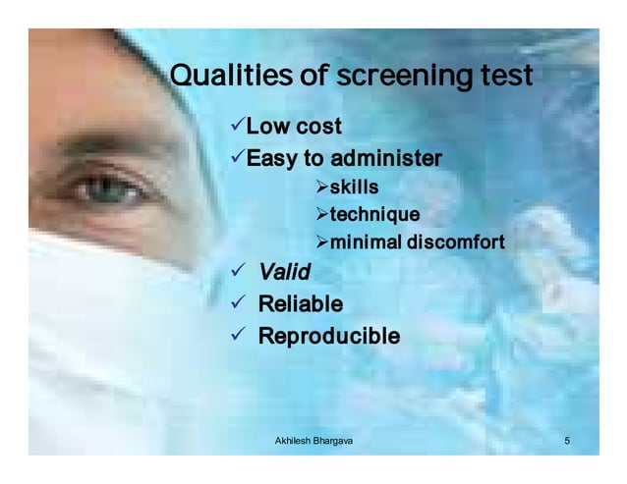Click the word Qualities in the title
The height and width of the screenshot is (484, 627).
coord(222,77)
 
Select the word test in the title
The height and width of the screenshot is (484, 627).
coord(501,77)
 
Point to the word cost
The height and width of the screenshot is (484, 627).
coord(318,127)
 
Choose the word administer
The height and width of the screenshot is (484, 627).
coord(386,159)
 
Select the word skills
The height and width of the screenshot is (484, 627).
coord(354,187)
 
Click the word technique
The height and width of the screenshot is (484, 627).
coord(374,215)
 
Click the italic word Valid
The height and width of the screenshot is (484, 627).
coord(284,272)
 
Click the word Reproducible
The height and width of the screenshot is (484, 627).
coord(328,337)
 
